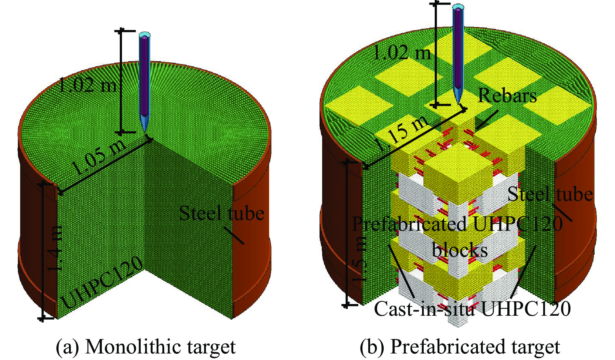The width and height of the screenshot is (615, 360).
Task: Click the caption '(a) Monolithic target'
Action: click(145, 347)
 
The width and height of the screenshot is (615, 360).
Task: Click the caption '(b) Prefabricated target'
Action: click(459, 347)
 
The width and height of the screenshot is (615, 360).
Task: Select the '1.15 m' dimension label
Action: click(401, 134)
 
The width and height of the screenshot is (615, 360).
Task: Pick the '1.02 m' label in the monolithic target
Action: click(87, 85)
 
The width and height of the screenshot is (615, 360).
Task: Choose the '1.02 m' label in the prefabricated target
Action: click(402, 53)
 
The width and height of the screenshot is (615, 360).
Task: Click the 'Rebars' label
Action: click(507, 96)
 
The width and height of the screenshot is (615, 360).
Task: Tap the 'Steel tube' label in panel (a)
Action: click(222, 214)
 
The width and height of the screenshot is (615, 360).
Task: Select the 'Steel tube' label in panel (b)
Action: click(550, 194)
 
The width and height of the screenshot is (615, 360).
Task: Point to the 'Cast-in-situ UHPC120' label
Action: click(472, 309)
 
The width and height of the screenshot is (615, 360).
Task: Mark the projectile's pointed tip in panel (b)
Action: click(459, 104)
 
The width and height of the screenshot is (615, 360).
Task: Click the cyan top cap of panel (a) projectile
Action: click(144, 35)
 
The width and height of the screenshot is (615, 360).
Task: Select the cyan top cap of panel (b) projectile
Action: click(458, 7)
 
